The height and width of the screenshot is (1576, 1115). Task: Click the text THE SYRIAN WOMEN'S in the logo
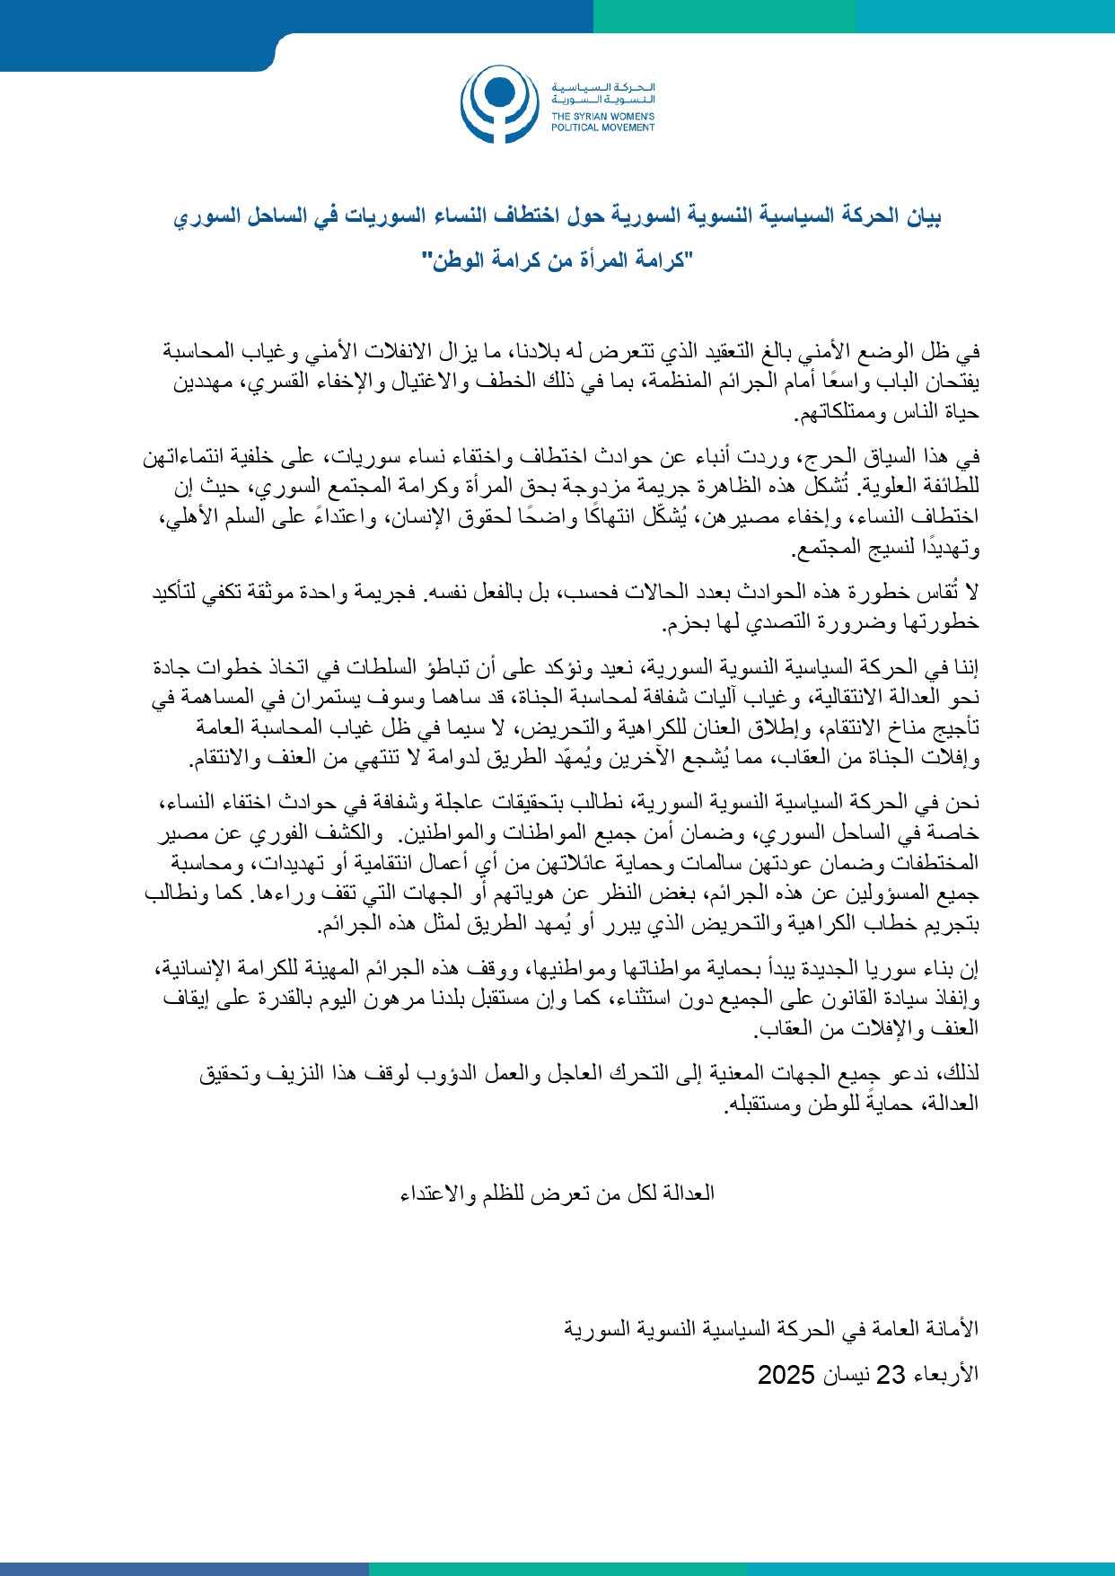tap(602, 117)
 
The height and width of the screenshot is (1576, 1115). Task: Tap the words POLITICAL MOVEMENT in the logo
tap(602, 128)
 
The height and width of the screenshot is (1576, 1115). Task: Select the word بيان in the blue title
tap(923, 216)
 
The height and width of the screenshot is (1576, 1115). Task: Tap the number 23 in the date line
tap(891, 1375)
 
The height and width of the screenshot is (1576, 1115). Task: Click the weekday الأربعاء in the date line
tap(945, 1375)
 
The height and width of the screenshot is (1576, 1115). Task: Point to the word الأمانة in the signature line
tap(955, 1328)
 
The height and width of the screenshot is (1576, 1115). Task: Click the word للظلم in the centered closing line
tap(504, 1193)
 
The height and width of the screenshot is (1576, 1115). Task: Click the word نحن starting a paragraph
tap(964, 803)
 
